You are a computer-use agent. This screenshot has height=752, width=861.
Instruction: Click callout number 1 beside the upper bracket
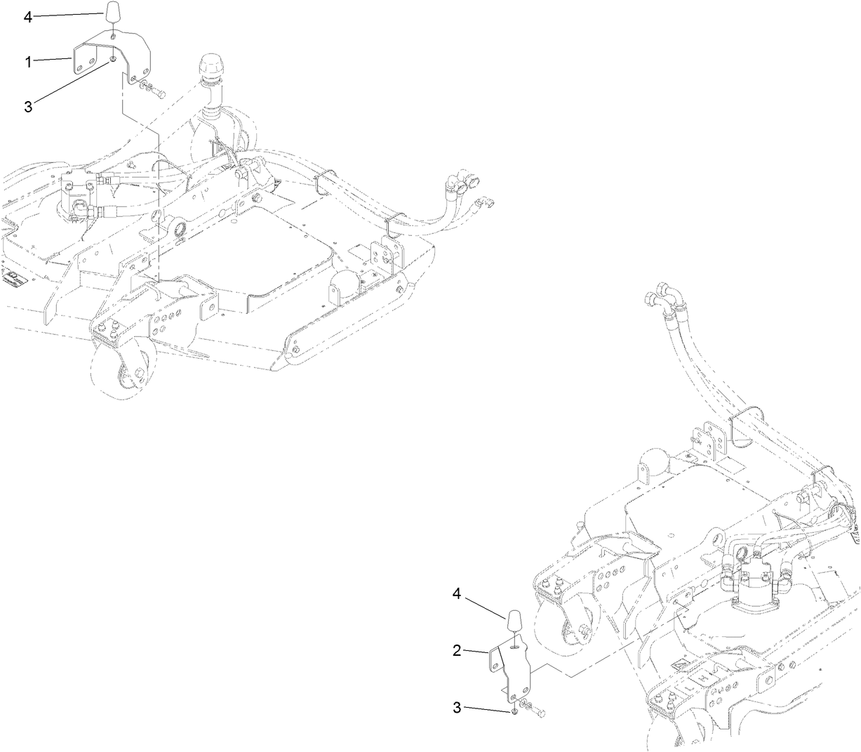pos(29,62)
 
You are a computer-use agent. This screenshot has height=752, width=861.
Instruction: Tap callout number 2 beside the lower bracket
pos(456,651)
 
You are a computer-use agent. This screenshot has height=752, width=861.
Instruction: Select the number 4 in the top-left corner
pos(28,18)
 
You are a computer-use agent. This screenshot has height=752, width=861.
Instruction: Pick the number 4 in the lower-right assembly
pos(456,594)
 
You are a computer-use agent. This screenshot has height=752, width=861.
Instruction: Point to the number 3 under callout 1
pos(28,107)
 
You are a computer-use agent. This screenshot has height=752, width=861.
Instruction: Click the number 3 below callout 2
pos(456,708)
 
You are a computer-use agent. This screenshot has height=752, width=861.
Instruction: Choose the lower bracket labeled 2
pos(518,671)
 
